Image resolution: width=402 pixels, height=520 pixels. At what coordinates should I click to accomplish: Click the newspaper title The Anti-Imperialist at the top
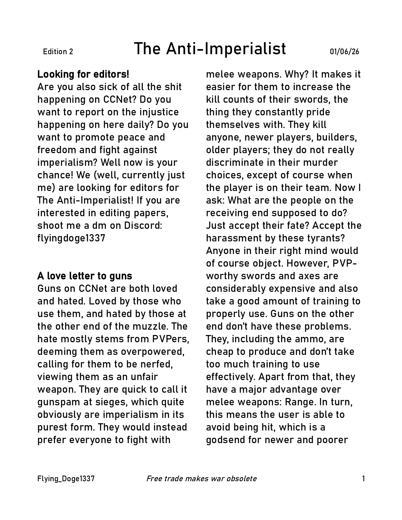210,49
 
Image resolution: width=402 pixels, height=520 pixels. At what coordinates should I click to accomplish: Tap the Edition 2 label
58,52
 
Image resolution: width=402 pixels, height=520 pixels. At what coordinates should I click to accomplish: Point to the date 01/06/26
344,52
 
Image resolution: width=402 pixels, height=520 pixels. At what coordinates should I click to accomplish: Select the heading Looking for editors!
83,75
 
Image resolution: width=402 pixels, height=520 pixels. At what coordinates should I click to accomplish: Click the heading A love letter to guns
84,276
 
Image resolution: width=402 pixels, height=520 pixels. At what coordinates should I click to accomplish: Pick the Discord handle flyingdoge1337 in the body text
71,238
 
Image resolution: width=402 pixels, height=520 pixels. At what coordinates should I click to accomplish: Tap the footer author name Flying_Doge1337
66,479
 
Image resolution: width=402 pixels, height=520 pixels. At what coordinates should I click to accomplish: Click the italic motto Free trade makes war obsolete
201,479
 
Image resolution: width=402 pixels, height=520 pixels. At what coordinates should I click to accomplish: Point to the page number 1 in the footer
364,479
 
